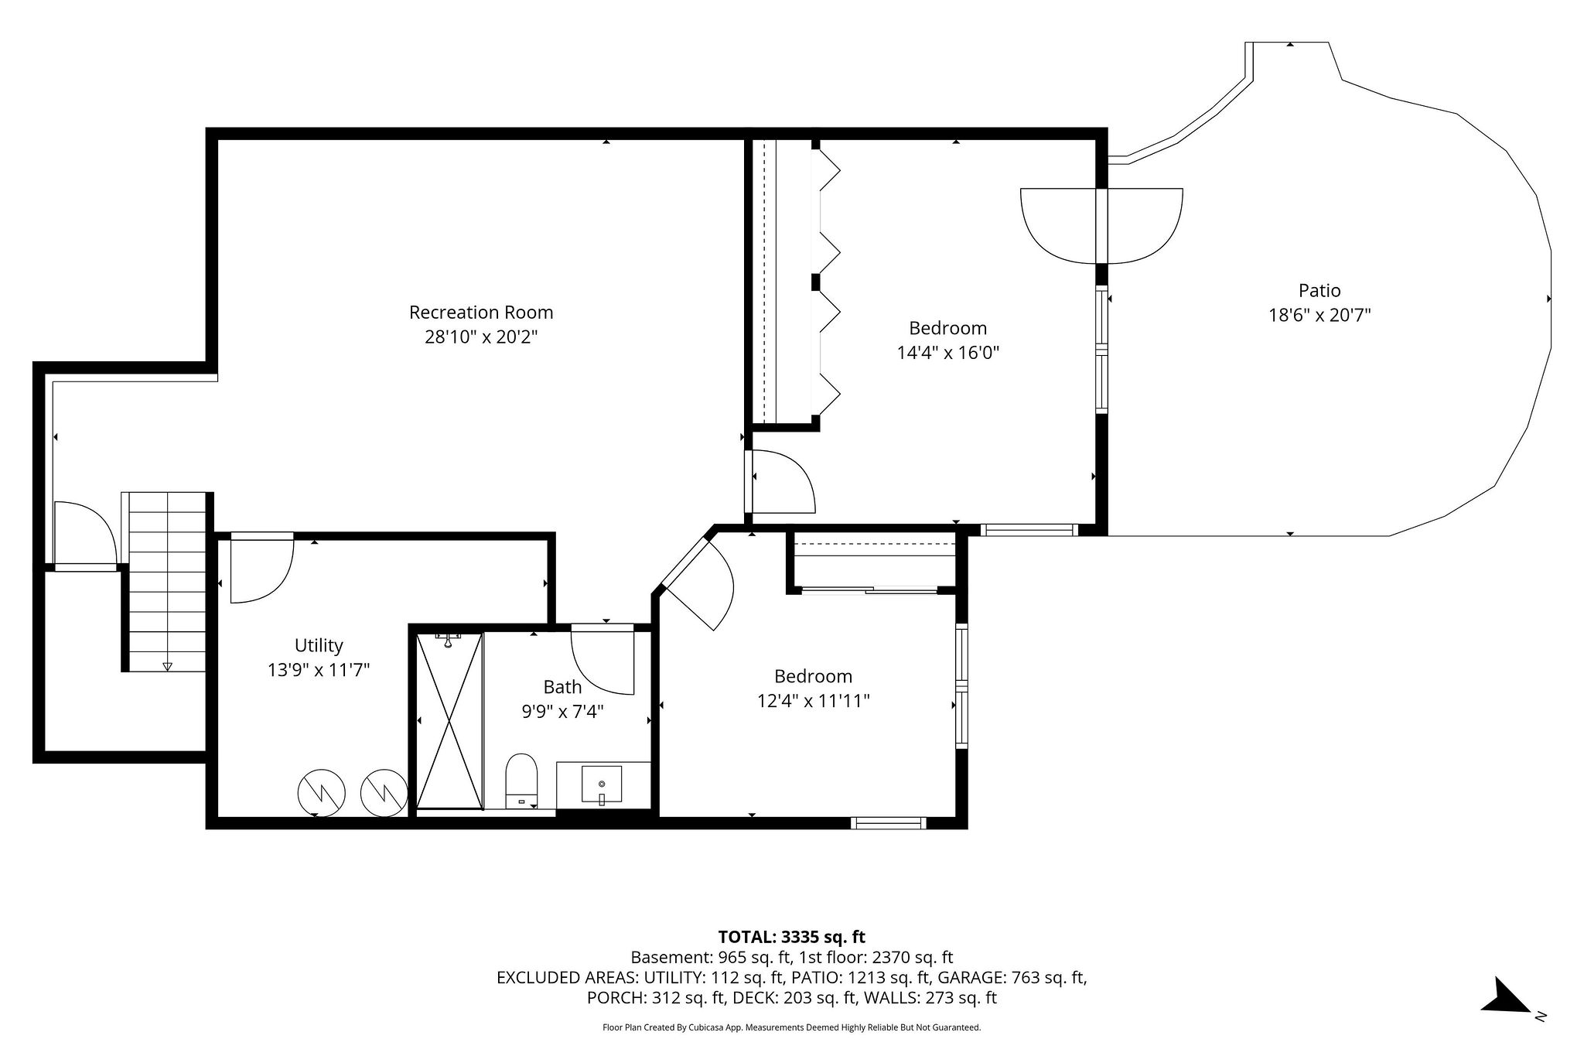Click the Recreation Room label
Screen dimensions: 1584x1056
coord(481,313)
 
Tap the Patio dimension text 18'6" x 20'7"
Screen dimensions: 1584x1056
coord(1319,316)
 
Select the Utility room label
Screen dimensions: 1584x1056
coord(319,645)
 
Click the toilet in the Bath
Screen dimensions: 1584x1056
coord(521,781)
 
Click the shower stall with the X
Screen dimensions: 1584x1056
coord(449,721)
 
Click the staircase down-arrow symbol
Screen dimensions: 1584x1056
coord(167,666)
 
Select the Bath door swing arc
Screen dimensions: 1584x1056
coord(603,663)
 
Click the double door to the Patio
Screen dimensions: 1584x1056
coord(1101,225)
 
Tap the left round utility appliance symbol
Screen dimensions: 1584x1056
coord(321,792)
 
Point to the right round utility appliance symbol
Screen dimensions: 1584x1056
coord(384,791)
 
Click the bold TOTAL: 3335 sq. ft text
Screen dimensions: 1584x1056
coord(791,937)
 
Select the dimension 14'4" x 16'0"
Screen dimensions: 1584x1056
coord(948,353)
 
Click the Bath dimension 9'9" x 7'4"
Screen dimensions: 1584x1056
coord(562,710)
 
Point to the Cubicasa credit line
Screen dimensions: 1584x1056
coord(791,1028)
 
